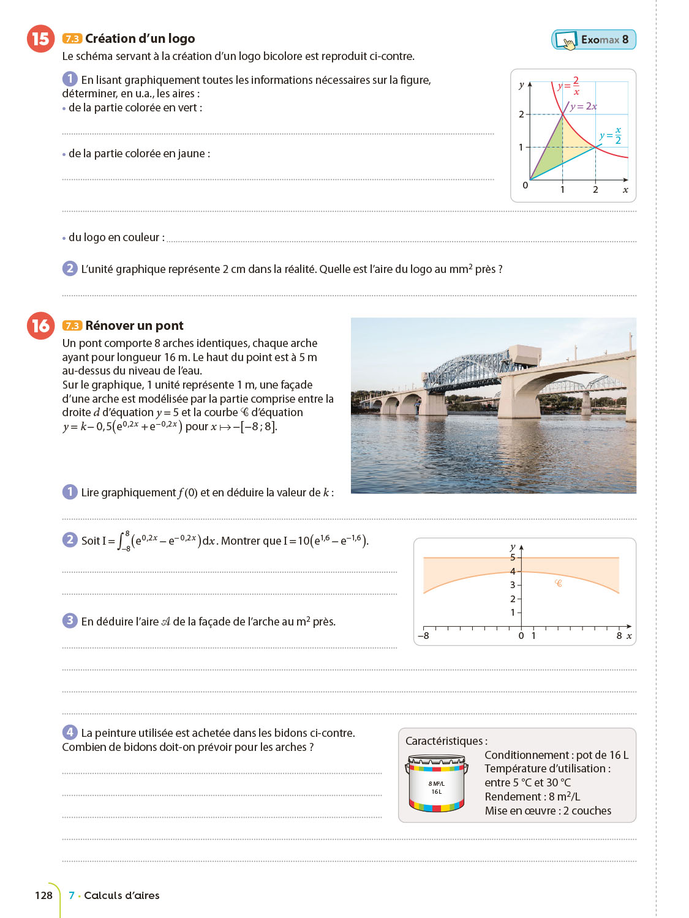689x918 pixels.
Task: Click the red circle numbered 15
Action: (x=40, y=39)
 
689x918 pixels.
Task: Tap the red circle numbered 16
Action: (x=40, y=326)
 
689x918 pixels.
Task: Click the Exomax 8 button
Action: (x=593, y=40)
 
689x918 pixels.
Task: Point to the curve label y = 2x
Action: (x=583, y=106)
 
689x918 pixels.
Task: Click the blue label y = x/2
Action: (x=611, y=135)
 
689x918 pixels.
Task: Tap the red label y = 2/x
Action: (x=569, y=86)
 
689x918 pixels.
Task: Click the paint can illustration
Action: (x=436, y=783)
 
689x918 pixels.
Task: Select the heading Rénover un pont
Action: (x=134, y=326)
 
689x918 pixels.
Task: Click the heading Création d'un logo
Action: (x=140, y=39)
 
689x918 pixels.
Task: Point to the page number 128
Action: (x=43, y=895)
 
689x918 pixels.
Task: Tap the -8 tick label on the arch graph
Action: (x=423, y=636)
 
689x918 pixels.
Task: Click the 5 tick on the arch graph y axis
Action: (x=513, y=558)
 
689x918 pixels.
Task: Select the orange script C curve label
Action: (x=558, y=583)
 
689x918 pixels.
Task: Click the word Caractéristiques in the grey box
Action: (x=446, y=741)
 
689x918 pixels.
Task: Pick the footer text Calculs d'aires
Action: (x=121, y=895)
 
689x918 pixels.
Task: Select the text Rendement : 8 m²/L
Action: (x=532, y=797)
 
